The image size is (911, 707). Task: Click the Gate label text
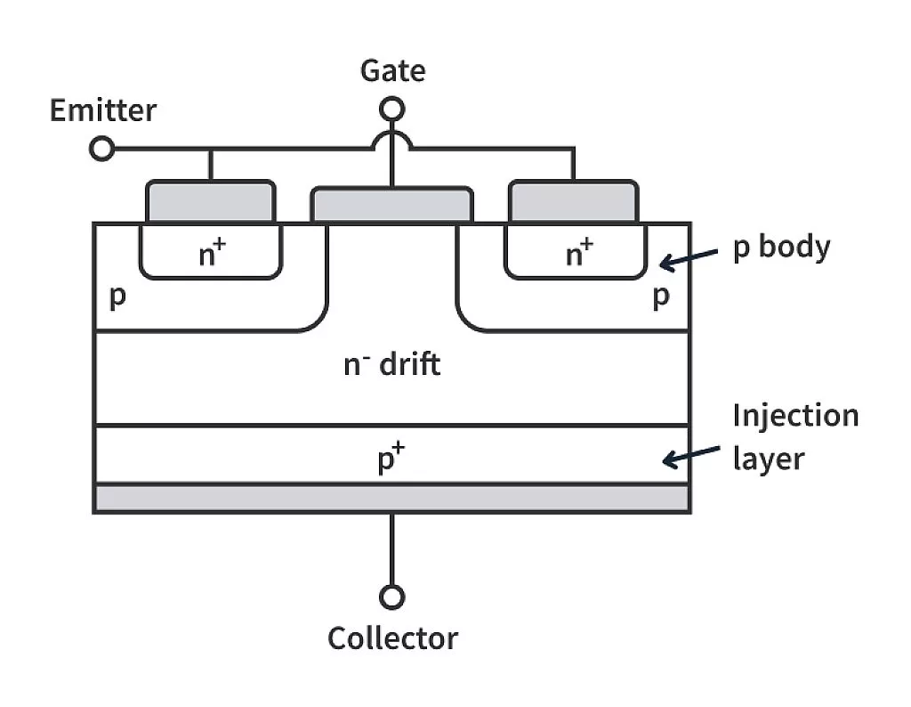pos(392,70)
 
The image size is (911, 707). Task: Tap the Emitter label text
pos(103,111)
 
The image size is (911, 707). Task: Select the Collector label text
pos(392,638)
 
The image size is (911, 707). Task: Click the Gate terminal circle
pos(391,110)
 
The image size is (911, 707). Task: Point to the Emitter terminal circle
pos(103,149)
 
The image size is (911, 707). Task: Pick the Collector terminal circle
pos(391,597)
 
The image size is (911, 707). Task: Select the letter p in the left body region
pos(117,297)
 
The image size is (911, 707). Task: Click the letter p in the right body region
pos(660,297)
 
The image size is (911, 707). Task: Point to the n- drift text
pos(391,364)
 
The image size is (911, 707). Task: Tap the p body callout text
pos(780,247)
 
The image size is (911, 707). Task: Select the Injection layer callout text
pos(794,437)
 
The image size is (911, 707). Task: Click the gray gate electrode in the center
pos(391,205)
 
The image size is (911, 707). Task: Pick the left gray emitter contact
pos(210,201)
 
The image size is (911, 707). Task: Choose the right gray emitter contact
pos(573,201)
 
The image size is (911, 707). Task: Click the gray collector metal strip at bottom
pos(391,498)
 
